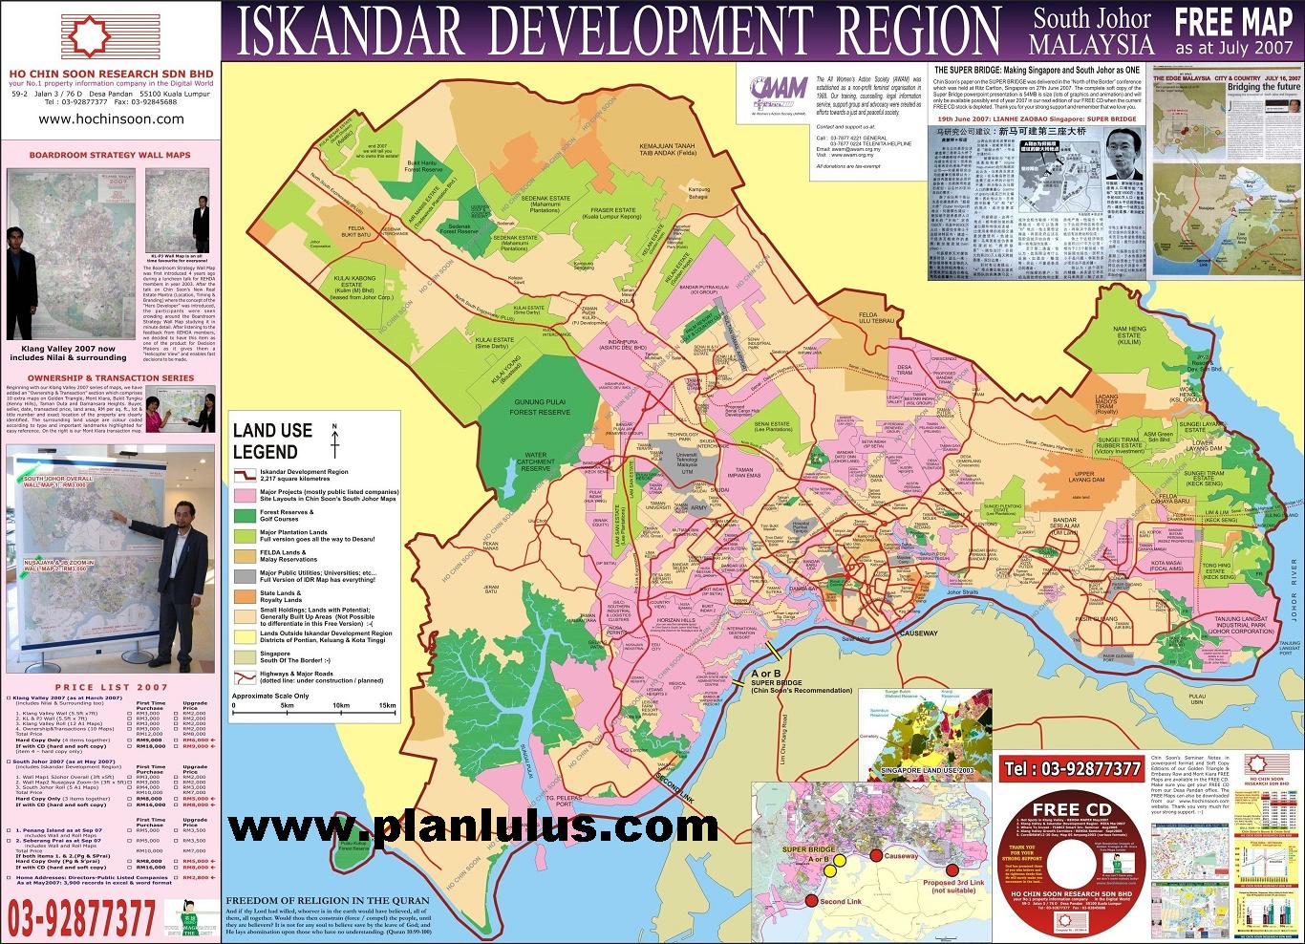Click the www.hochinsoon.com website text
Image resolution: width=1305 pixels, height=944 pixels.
[x=112, y=118]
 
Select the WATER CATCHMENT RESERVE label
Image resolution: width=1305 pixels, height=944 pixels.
[x=536, y=461]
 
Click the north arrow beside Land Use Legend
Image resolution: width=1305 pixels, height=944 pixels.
[x=334, y=440]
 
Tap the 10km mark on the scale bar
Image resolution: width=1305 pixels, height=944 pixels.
[x=341, y=705]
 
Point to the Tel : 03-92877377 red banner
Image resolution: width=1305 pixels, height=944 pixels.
[x=1073, y=768]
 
